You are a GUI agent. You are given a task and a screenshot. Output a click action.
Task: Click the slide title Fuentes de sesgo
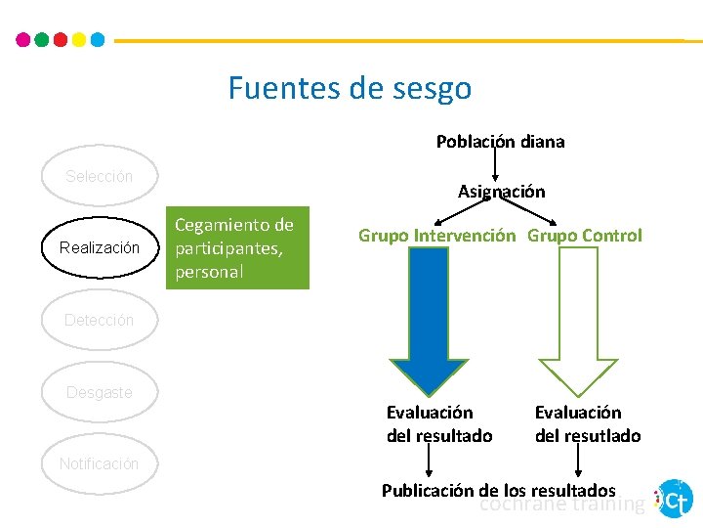[350, 88]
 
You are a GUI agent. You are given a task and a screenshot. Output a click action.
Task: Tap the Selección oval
[99, 177]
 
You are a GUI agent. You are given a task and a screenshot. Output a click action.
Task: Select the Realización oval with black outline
[99, 248]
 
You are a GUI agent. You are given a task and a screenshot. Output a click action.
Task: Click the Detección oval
[99, 320]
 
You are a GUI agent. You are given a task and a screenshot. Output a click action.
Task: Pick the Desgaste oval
[99, 392]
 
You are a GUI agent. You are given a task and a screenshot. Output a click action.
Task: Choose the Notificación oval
[99, 463]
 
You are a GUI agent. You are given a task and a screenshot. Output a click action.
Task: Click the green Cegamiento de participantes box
[234, 248]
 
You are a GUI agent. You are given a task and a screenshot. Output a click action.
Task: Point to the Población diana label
[500, 141]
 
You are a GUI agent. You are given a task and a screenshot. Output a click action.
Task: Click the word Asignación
[501, 192]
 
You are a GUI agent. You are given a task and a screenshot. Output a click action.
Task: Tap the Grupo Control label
[585, 236]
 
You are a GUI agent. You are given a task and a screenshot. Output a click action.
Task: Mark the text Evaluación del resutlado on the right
[588, 424]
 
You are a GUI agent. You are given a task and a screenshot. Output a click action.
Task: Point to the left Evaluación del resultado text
[439, 424]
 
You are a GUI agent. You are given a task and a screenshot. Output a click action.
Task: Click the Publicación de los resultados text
[498, 490]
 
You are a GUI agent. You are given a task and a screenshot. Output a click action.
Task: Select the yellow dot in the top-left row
[78, 40]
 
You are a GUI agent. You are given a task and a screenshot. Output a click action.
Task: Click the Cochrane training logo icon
[675, 499]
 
